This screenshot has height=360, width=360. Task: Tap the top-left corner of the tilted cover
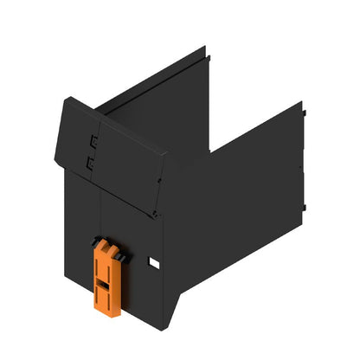[65, 101]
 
